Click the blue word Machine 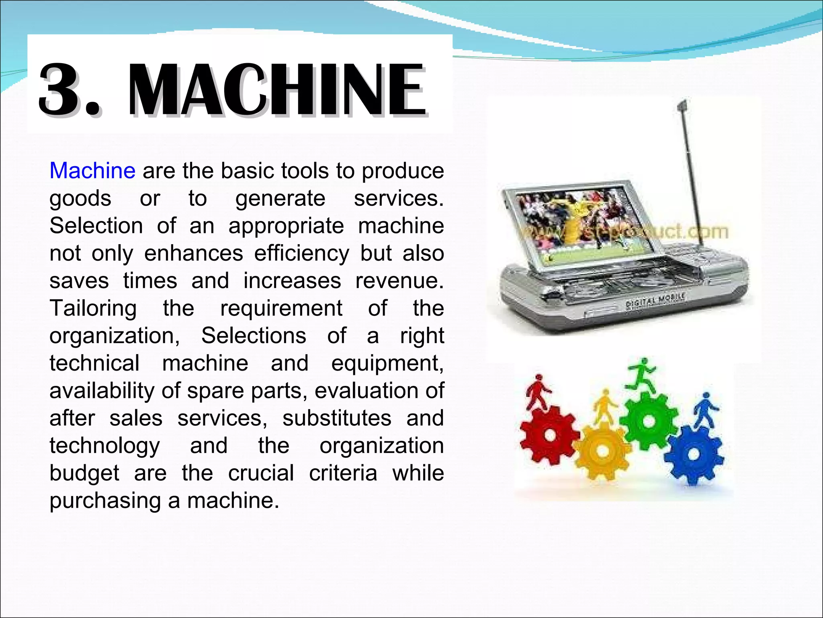click(92, 171)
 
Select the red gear click(550, 435)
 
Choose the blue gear click(694, 455)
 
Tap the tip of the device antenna click(682, 105)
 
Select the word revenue click(399, 281)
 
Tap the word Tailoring click(93, 309)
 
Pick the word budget click(84, 474)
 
